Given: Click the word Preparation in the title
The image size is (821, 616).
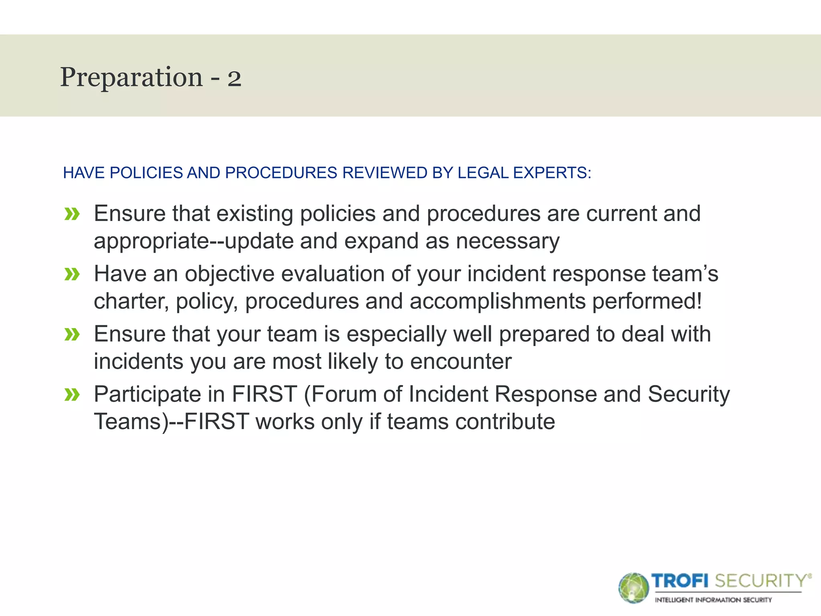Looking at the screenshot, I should [x=131, y=78].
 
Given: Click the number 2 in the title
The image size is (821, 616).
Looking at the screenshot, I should [x=235, y=79].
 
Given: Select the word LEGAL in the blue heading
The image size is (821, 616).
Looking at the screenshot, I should [x=483, y=173].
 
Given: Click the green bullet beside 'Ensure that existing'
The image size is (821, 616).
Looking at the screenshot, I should [x=72, y=214].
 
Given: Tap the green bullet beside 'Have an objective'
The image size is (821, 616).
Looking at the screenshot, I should [x=72, y=274].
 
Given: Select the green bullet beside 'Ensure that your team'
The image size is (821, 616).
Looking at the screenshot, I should [x=72, y=334].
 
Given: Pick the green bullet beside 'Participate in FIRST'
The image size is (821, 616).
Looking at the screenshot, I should [x=72, y=395].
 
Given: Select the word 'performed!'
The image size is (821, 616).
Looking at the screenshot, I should [x=647, y=302].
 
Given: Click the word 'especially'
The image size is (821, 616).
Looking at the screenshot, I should [x=396, y=334].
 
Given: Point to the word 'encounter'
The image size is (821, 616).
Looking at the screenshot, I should [x=461, y=362].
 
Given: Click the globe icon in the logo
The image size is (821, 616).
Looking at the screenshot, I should [x=633, y=588].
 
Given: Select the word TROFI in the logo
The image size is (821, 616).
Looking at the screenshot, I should [x=680, y=581].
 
